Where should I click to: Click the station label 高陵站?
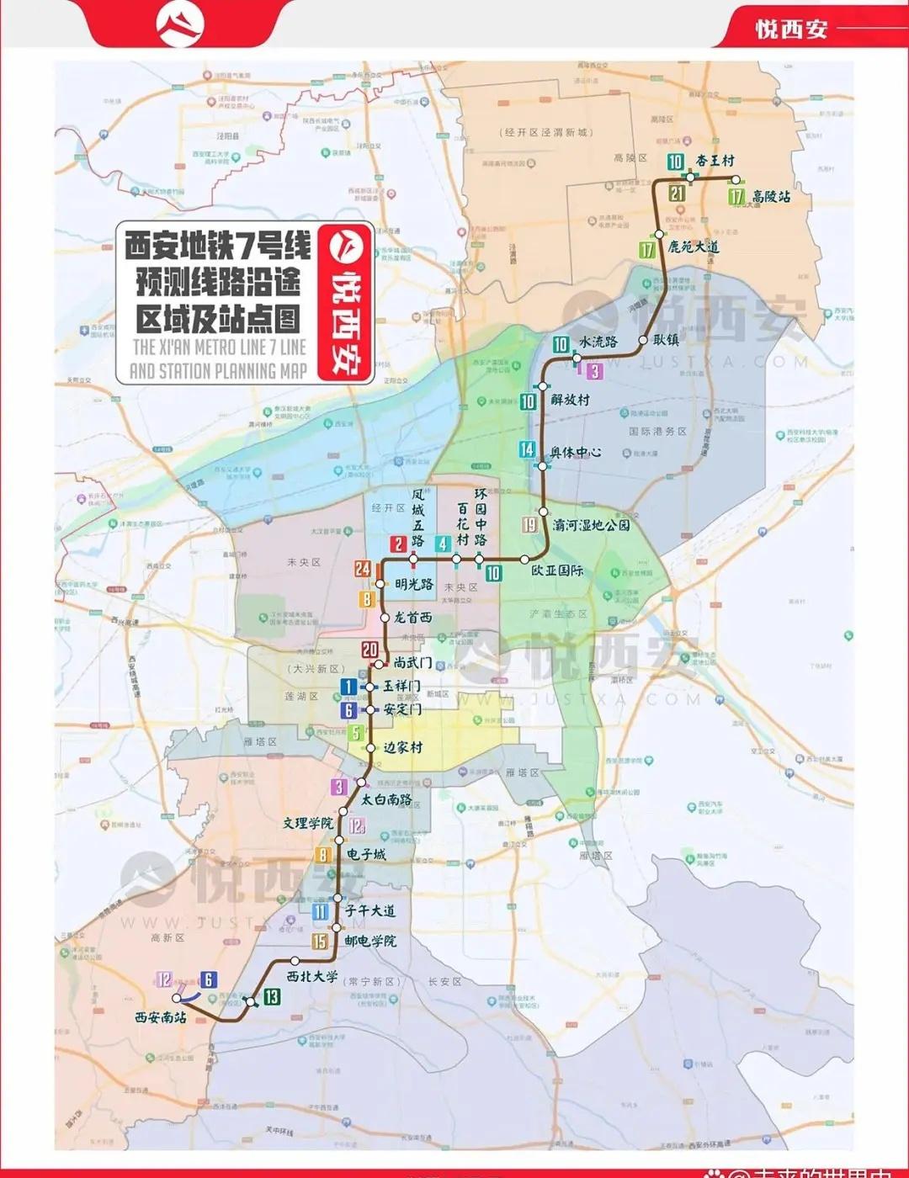tap(771, 197)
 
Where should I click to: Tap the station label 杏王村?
tap(715, 161)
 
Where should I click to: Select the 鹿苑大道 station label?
tap(694, 247)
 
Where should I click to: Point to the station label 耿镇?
tap(666, 340)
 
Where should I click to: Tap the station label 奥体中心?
tap(576, 452)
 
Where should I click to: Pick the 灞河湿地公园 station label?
tap(591, 525)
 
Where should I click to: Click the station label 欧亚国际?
tap(557, 570)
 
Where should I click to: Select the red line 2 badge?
tap(398, 544)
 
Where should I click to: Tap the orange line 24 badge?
tap(363, 569)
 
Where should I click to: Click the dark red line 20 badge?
tap(370, 650)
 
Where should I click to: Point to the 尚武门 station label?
tap(413, 663)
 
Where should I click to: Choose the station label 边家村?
tap(403, 747)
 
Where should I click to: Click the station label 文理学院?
tap(307, 823)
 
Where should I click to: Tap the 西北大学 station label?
tap(312, 977)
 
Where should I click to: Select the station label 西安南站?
tap(160, 1017)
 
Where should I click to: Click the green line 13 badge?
tap(271, 997)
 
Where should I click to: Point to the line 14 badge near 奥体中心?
tap(527, 450)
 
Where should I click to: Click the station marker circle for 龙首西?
tap(385, 618)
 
